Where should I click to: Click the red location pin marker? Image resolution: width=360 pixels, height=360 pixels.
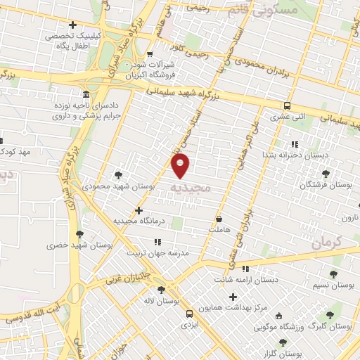[181, 165]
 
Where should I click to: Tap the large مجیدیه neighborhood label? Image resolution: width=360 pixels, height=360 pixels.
[190, 188]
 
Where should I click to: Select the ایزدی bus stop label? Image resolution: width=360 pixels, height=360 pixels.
[188, 326]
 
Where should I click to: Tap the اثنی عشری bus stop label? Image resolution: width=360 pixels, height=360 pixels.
[288, 116]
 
